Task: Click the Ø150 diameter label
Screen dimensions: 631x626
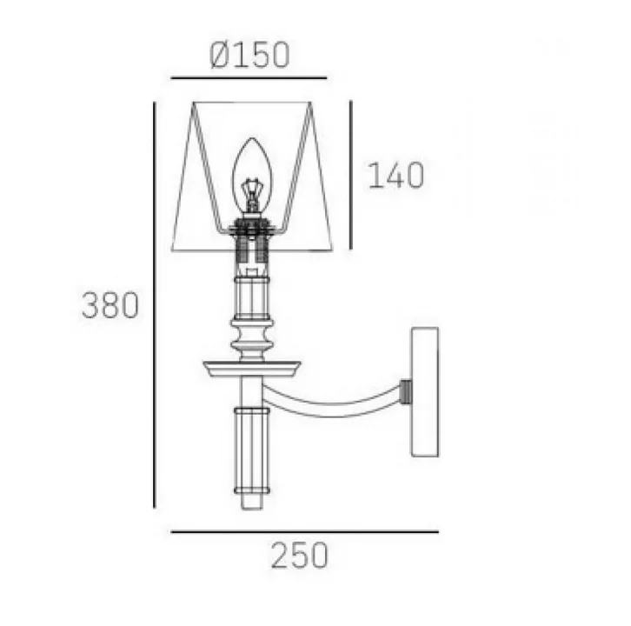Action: (x=249, y=55)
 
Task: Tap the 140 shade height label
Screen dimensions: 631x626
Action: (x=396, y=175)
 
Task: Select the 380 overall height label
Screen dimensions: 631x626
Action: (x=110, y=305)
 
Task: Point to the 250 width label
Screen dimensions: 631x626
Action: (x=299, y=556)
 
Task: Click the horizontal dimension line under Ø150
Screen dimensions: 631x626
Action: (x=249, y=78)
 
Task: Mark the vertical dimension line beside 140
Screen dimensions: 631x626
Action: (x=351, y=175)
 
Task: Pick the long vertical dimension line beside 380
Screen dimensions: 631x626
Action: (x=155, y=305)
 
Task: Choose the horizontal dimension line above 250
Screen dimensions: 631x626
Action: (x=304, y=532)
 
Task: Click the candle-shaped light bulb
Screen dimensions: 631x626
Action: (x=252, y=176)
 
